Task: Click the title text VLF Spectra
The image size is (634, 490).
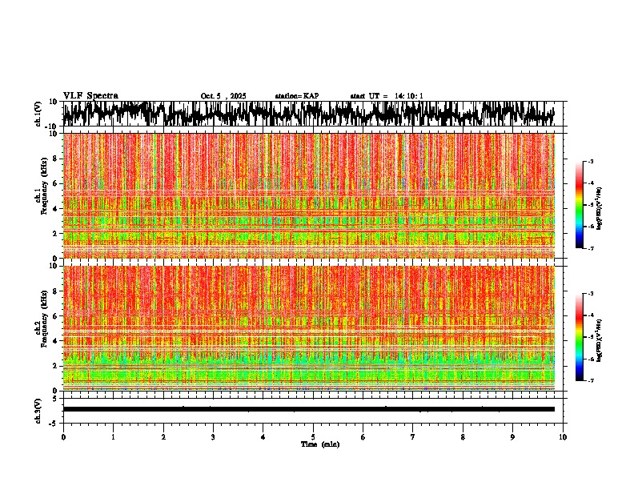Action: point(90,95)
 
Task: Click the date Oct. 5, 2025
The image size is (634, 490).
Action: point(223,96)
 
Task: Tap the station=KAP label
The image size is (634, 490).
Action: point(297,96)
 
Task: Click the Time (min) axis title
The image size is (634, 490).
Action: point(319,444)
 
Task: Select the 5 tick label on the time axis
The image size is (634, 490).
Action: point(313,436)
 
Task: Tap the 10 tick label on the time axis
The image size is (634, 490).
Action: point(563,436)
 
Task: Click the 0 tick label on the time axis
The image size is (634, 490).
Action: point(63,436)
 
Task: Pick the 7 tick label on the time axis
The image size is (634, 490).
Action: point(413,436)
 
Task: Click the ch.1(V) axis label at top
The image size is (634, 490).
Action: point(38,114)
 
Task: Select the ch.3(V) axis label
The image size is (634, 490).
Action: point(38,409)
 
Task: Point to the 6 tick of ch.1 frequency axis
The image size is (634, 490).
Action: point(56,184)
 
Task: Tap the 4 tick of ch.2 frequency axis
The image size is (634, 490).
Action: point(56,341)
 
